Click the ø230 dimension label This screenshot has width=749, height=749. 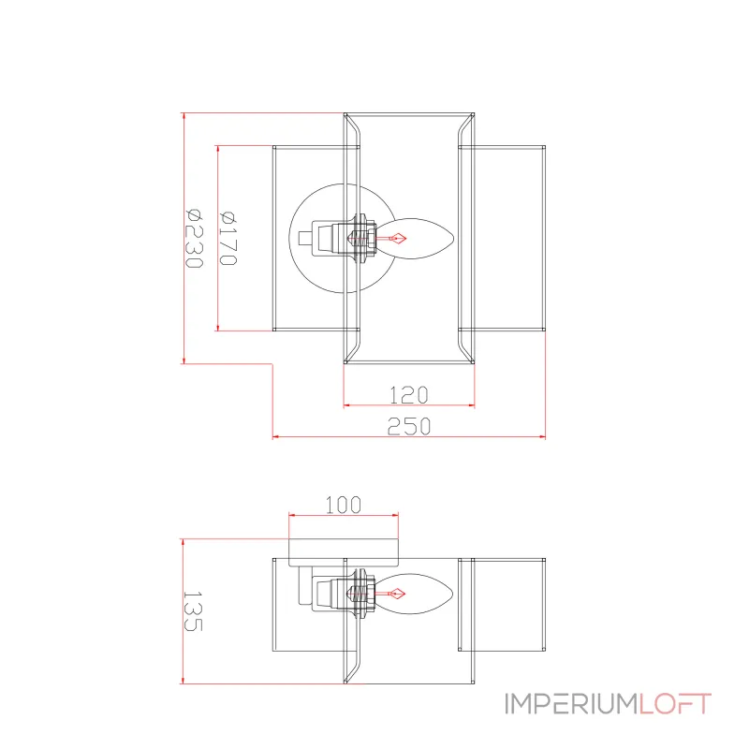coord(194,239)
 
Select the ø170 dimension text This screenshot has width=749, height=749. coord(228,238)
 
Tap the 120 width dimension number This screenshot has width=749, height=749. coord(409,395)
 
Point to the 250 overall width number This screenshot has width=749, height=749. coord(409,426)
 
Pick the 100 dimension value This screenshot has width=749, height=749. coord(344,505)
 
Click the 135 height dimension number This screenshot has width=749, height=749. coord(193,611)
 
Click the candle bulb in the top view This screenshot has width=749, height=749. coord(415,239)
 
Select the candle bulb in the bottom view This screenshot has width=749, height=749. coord(414,595)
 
